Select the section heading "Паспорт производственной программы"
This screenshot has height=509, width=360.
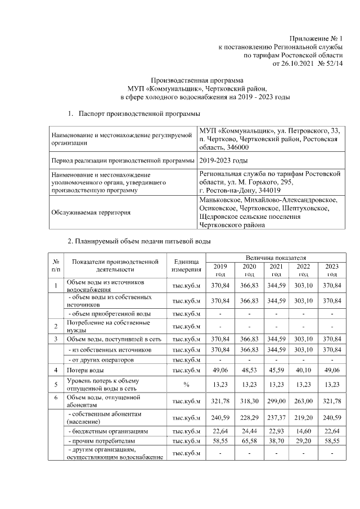click(x=139, y=115)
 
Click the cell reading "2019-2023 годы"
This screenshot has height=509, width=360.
click(x=223, y=161)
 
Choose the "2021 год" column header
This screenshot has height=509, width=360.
click(x=276, y=269)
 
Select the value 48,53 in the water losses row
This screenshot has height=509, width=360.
click(x=249, y=371)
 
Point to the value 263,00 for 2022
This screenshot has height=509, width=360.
click(x=303, y=402)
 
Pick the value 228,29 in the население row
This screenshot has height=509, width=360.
click(x=249, y=417)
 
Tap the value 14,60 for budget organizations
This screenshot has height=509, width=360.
click(x=303, y=431)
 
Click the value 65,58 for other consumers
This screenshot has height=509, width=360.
click(x=249, y=443)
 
